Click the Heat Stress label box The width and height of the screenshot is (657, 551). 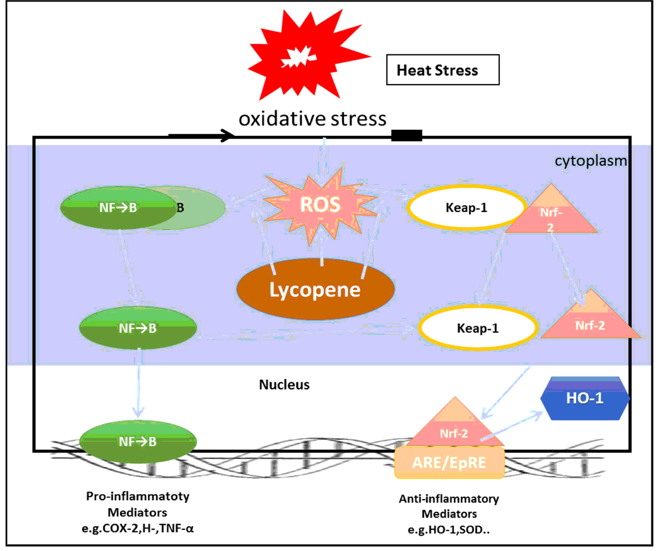click(442, 70)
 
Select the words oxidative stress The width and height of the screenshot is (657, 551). click(312, 119)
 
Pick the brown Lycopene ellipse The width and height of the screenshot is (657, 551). click(315, 289)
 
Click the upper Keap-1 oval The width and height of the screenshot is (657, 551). click(466, 208)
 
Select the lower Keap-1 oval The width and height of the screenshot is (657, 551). click(477, 328)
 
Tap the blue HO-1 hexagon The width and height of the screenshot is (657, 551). click(585, 398)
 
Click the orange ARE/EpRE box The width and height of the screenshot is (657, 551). click(449, 463)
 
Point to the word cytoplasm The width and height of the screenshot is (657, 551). click(590, 161)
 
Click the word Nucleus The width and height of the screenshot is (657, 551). click(284, 385)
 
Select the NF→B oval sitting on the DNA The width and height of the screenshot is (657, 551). click(138, 441)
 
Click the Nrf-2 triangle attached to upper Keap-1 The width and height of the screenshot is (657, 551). click(551, 214)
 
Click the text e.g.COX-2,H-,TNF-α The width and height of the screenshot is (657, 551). click(138, 528)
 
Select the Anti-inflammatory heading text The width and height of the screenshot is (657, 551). click(449, 499)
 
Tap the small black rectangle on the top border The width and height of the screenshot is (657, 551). click(406, 135)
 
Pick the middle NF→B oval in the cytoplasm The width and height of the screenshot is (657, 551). click(138, 328)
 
